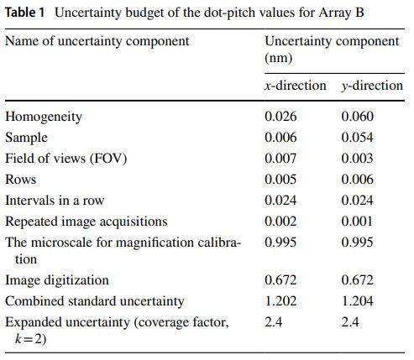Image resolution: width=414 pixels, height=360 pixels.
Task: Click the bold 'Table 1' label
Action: (x=25, y=13)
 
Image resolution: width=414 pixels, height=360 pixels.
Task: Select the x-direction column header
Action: (x=296, y=86)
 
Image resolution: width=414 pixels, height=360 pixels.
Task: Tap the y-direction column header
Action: (x=372, y=86)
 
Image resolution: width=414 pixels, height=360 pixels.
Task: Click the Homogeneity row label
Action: (x=44, y=117)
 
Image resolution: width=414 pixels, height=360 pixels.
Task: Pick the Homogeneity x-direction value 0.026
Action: (x=280, y=117)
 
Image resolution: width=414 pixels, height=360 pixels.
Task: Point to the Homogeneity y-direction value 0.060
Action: (x=357, y=117)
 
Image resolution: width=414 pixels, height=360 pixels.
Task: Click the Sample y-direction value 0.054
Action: (x=357, y=138)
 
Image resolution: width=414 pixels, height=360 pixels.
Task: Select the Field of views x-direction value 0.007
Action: (x=280, y=159)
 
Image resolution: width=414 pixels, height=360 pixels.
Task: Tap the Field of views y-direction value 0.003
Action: (x=357, y=159)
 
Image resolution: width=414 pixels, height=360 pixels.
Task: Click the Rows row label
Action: (x=21, y=180)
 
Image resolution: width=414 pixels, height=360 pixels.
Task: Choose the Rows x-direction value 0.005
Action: (x=280, y=180)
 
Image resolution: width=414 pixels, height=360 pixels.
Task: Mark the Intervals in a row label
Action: (x=55, y=201)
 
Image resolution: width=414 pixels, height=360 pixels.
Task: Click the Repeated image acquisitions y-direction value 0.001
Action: (x=357, y=222)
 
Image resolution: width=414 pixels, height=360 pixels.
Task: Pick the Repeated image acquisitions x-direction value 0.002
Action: (x=280, y=222)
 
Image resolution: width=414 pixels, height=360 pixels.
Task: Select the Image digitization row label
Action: (x=57, y=280)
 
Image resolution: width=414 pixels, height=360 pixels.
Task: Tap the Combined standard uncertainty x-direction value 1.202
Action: (x=280, y=301)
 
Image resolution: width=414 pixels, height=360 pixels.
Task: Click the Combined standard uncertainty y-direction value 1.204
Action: (x=357, y=301)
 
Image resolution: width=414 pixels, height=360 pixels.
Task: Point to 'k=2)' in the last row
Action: (x=30, y=339)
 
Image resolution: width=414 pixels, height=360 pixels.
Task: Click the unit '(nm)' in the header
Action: (x=279, y=58)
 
